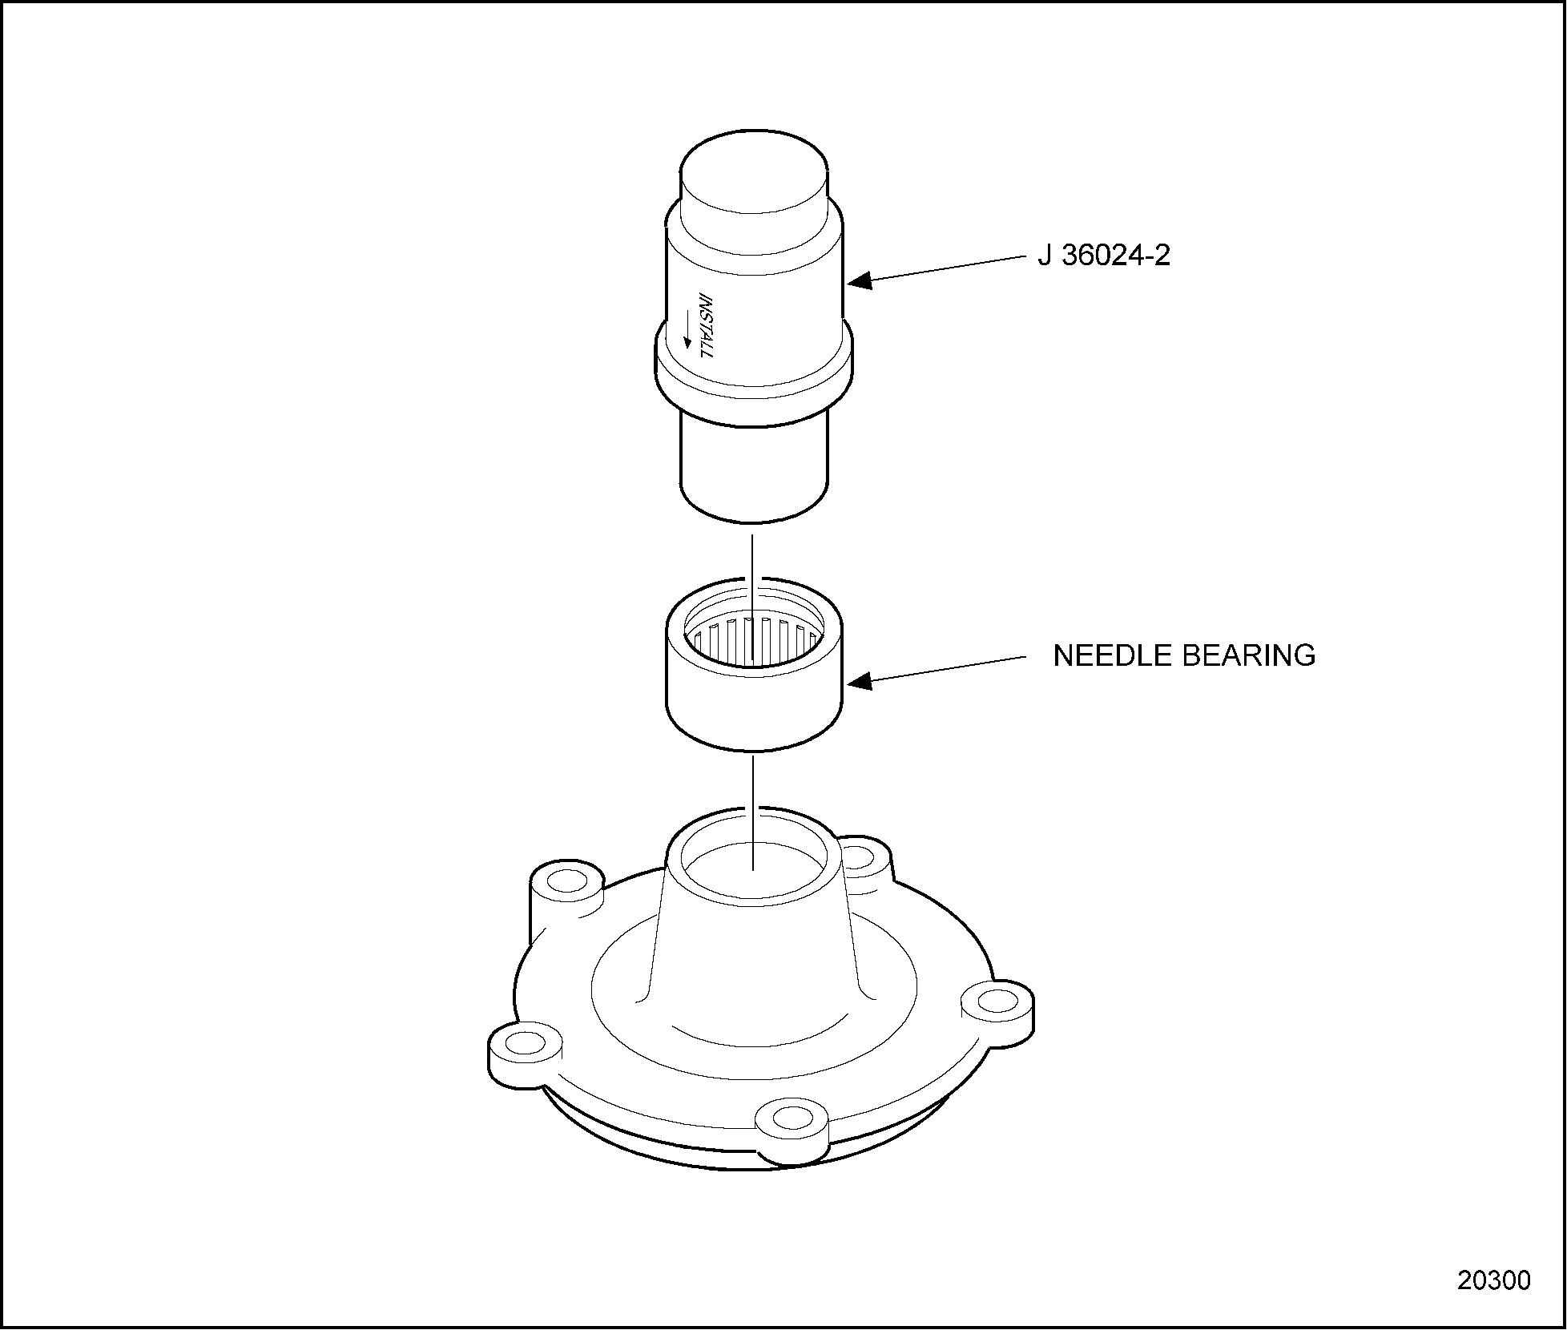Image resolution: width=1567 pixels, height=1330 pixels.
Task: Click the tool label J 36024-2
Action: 1104,256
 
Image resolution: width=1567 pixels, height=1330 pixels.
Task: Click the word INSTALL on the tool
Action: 705,324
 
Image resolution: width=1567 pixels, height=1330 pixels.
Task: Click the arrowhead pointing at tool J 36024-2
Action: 859,280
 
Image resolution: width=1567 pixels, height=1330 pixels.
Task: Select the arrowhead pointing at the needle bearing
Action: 859,681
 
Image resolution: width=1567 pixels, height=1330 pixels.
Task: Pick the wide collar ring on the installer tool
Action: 754,369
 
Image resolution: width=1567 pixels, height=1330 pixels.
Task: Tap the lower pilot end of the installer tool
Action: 753,469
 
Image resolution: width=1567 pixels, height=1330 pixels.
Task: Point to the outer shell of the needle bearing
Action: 754,663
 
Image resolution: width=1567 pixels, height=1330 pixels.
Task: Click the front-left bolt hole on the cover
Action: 525,1042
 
